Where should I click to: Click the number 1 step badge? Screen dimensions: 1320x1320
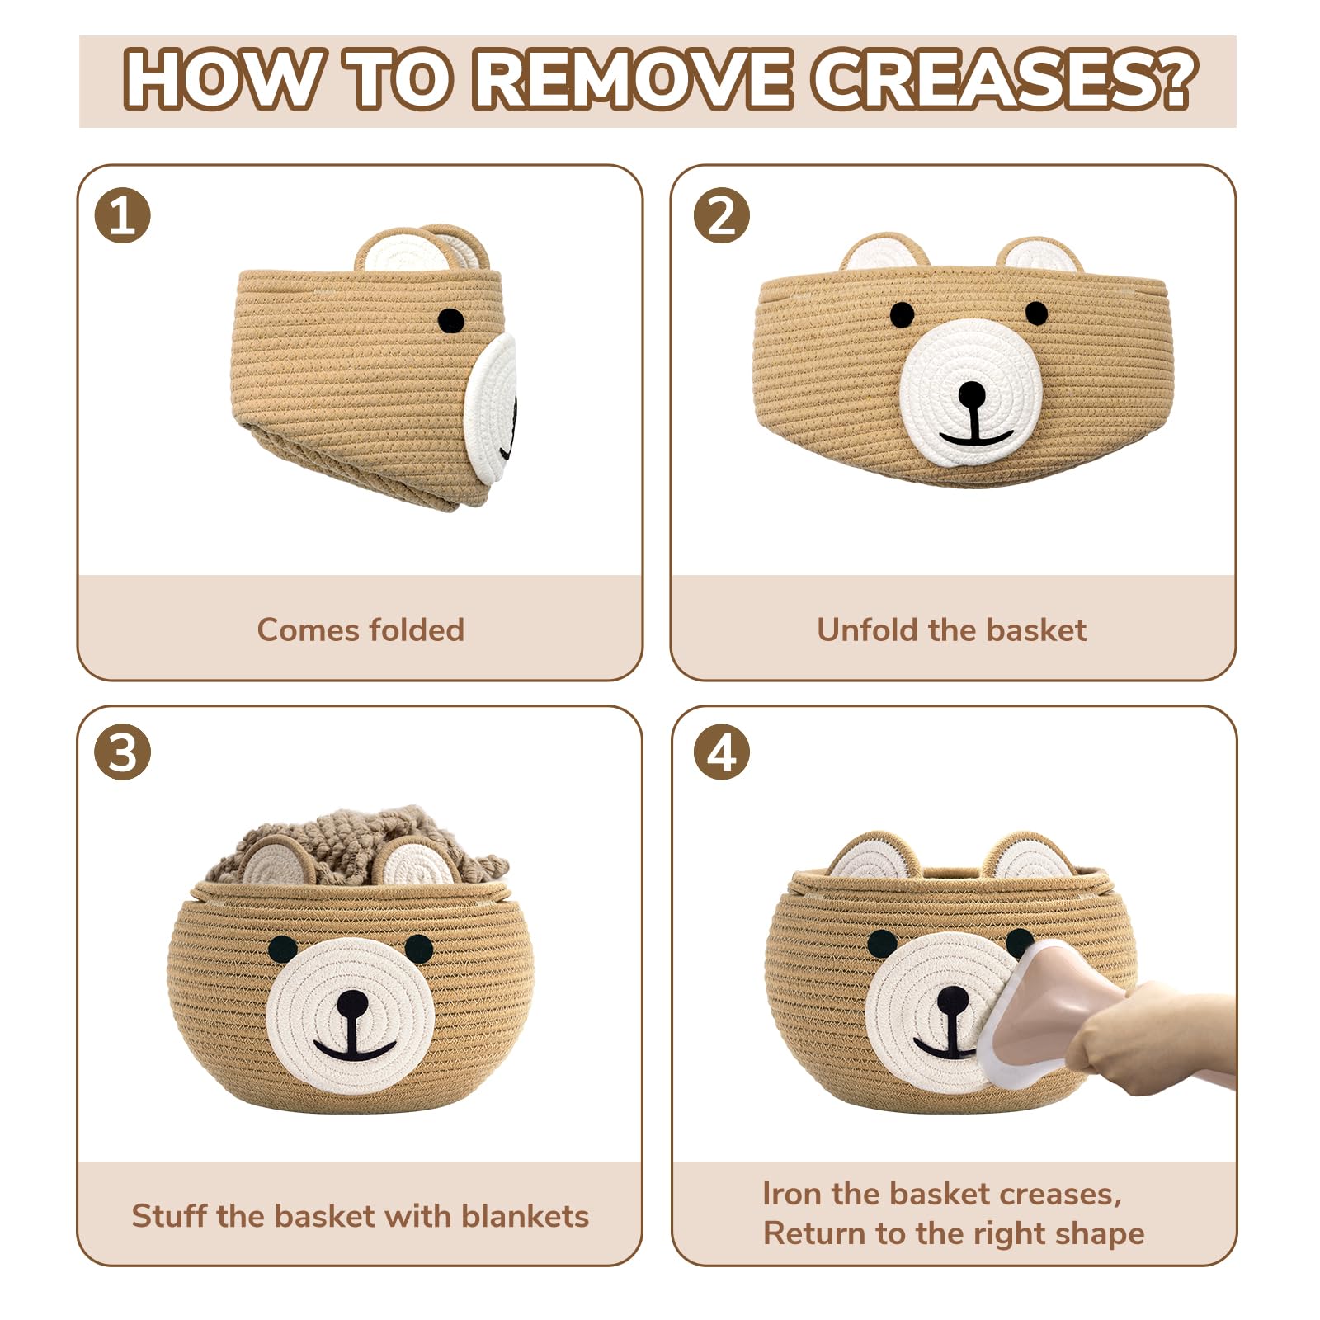point(123,216)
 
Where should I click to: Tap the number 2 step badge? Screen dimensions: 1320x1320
point(722,216)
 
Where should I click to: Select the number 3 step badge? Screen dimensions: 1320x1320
point(123,752)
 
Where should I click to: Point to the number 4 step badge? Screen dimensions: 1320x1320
point(722,752)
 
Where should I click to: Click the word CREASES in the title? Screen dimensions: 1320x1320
point(1003,80)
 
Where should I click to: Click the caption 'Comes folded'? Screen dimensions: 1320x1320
point(361,630)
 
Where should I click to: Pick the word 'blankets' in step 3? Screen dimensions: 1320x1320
point(525,1216)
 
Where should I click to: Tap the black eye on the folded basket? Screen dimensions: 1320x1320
point(450,320)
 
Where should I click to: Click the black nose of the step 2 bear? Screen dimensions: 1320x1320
point(972,394)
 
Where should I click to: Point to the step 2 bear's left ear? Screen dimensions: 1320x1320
point(884,252)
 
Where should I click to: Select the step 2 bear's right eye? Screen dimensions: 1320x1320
point(1036,313)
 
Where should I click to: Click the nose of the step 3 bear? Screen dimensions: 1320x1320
point(352,1004)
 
